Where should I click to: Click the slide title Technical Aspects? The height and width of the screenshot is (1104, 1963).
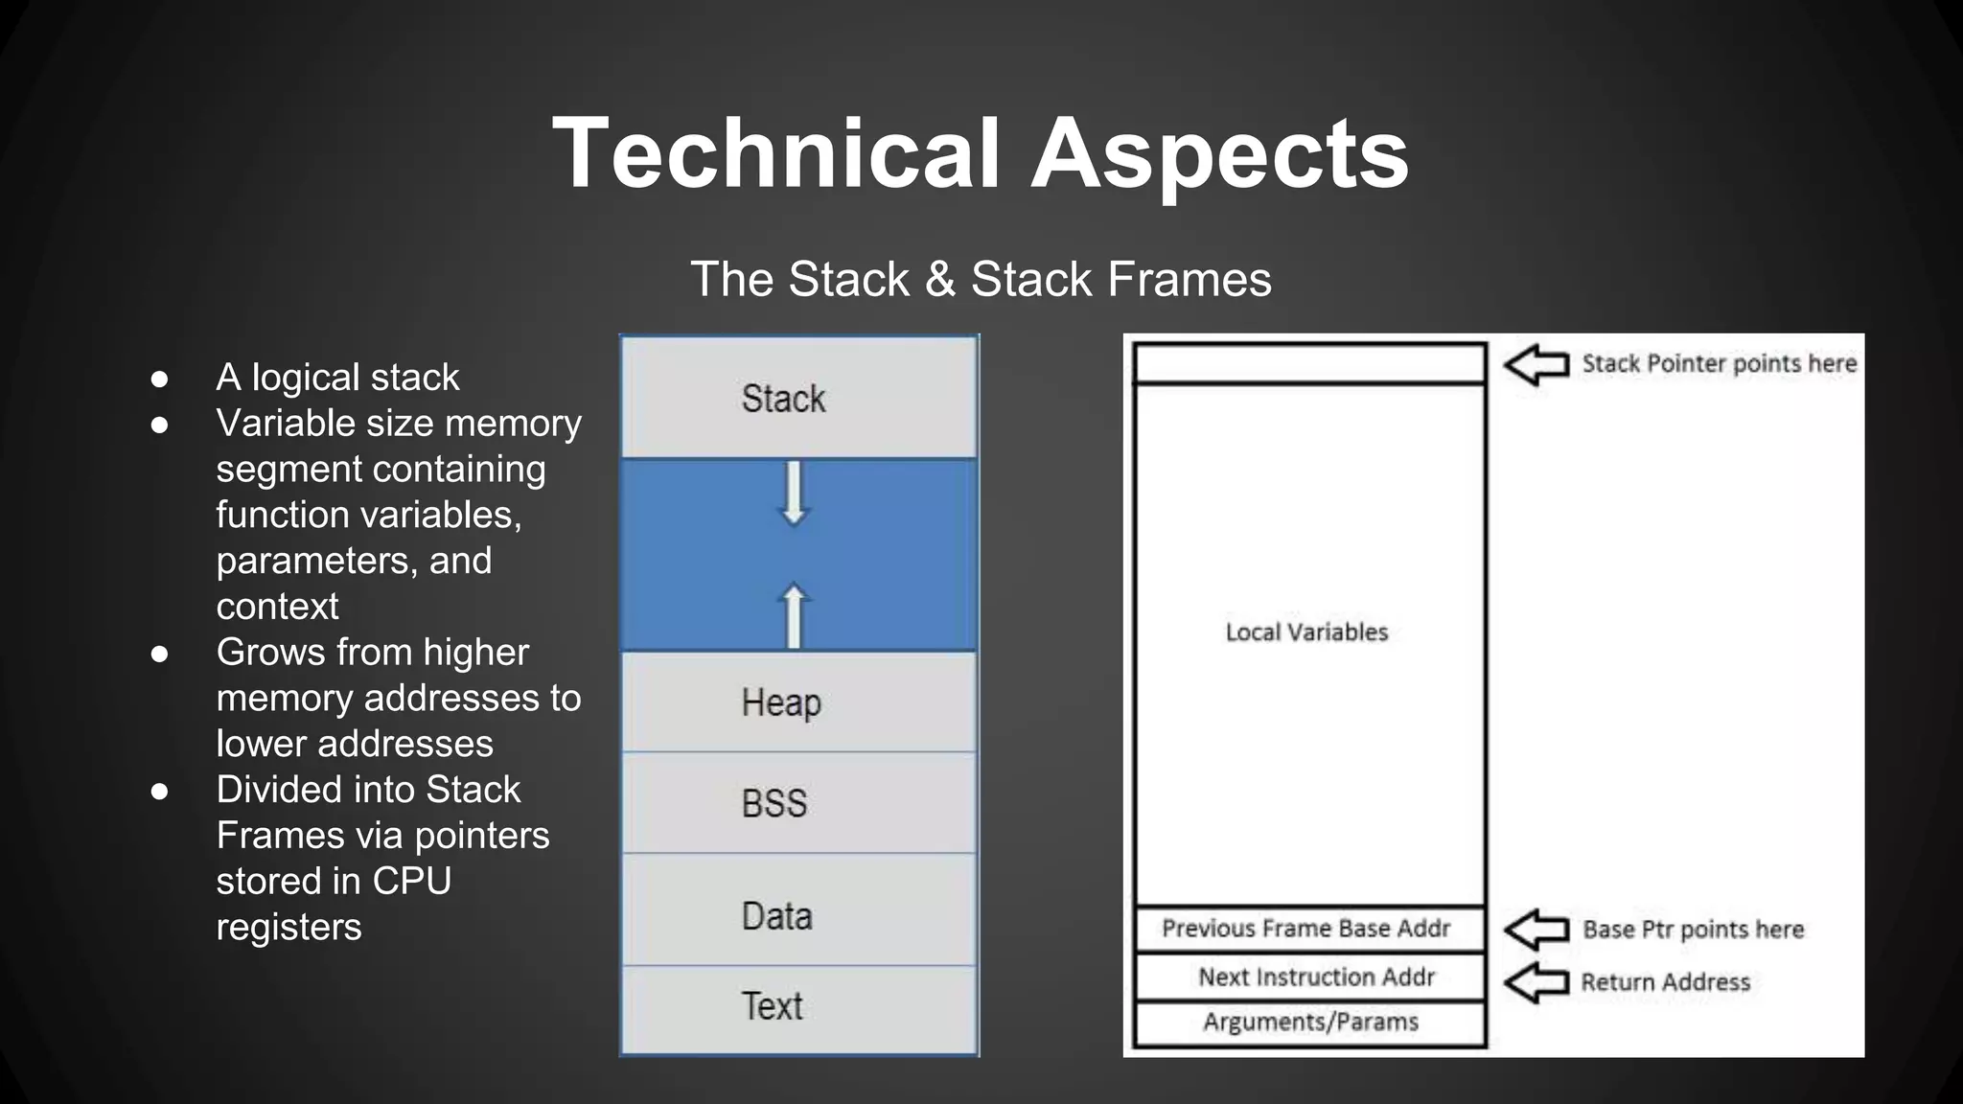981,153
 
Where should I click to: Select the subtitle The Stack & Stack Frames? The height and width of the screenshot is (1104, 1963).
981,280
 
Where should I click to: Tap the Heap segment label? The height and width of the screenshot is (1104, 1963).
781,702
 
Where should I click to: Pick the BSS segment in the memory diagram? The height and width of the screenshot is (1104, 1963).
774,803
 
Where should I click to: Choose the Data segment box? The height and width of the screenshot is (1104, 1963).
777,916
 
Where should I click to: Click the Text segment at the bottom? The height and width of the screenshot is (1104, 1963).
773,1006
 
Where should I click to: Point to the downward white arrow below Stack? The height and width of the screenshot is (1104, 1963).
794,493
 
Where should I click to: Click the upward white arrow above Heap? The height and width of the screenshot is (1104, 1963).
794,615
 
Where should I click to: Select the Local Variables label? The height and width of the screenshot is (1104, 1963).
1306,632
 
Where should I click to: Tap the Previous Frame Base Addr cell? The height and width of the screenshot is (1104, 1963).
1306,929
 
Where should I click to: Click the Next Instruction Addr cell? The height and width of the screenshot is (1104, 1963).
1316,977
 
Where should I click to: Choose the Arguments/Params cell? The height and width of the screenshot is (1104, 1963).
1310,1023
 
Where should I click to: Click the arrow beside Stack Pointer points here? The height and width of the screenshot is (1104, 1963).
1536,365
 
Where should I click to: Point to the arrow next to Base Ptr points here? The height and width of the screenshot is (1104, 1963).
1536,930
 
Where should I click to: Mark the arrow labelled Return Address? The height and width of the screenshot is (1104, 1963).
1536,982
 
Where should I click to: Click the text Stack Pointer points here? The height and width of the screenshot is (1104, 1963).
1719,364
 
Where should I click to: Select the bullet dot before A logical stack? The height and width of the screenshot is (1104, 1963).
160,379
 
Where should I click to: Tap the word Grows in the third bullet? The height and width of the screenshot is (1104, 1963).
265,653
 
